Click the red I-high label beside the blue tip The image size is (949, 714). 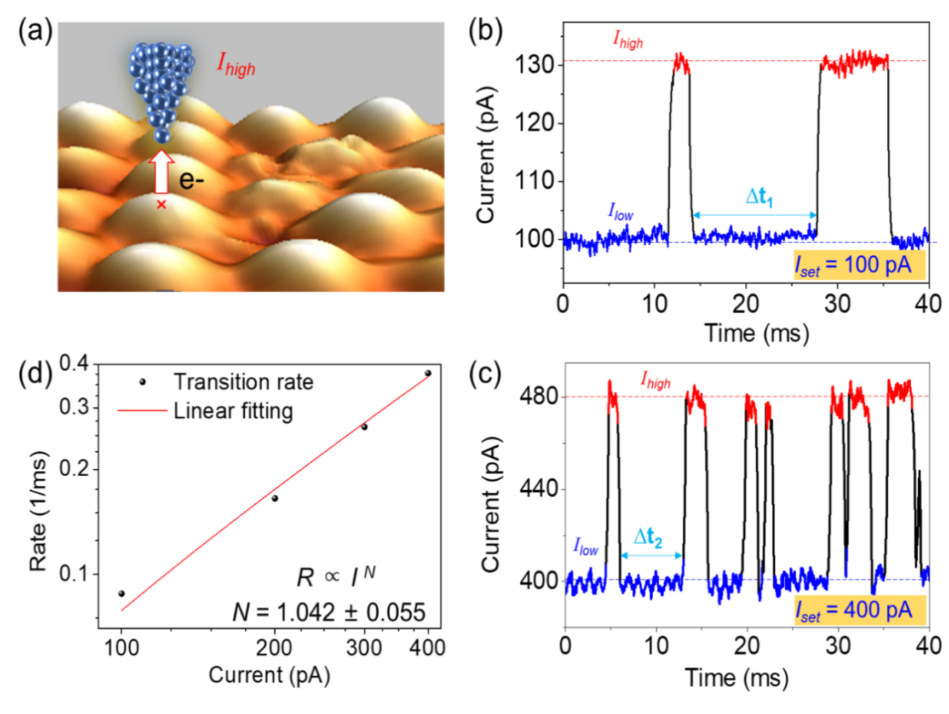[x=236, y=65]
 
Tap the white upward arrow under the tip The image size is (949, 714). [x=162, y=170]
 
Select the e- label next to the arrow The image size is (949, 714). [x=191, y=180]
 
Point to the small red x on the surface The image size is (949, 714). [x=162, y=205]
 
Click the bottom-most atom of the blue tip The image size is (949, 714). [x=162, y=135]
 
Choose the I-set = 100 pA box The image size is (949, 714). [x=859, y=265]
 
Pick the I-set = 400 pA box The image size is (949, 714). [x=860, y=610]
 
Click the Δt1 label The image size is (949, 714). [x=760, y=197]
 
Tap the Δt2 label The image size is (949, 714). [x=648, y=537]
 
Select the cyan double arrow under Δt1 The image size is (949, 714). [x=755, y=215]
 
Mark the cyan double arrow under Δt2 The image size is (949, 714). [x=652, y=556]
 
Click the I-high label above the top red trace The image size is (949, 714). [x=628, y=39]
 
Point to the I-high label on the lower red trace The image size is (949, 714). [x=655, y=380]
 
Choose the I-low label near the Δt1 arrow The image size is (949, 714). [x=621, y=211]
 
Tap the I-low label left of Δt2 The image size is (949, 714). [x=585, y=546]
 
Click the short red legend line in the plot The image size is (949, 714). [x=142, y=410]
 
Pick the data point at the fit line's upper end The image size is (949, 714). [x=427, y=372]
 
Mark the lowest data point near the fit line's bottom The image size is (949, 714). [x=120, y=592]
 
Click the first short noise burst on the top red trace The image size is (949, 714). [x=681, y=63]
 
